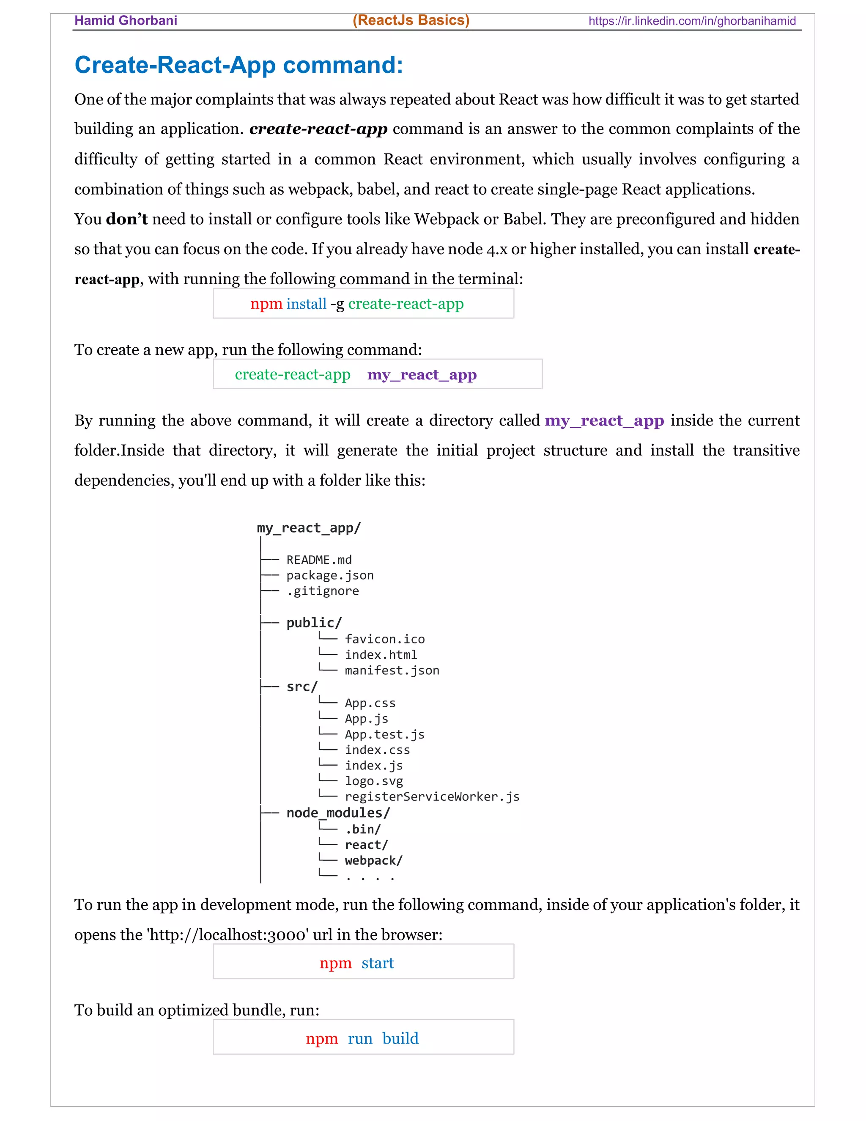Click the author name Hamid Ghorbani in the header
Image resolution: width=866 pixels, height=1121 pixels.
(126, 21)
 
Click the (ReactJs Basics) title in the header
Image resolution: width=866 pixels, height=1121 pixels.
(411, 20)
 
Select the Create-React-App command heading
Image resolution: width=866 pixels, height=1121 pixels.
(238, 65)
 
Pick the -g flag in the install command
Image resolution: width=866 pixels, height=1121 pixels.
(337, 304)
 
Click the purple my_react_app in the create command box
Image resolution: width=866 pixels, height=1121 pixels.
(422, 375)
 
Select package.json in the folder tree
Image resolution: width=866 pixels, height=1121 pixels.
(329, 575)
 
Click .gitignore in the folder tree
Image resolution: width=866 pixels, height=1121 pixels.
(322, 591)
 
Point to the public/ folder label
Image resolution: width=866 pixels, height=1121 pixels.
(313, 623)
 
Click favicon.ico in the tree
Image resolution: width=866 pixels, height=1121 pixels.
(384, 639)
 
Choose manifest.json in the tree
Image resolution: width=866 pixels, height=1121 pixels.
(392, 670)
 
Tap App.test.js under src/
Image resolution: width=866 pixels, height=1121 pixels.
(384, 734)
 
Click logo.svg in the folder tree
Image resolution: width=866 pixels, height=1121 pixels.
(373, 781)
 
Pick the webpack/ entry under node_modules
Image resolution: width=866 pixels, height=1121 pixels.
(373, 860)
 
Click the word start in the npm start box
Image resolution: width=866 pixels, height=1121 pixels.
(377, 963)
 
